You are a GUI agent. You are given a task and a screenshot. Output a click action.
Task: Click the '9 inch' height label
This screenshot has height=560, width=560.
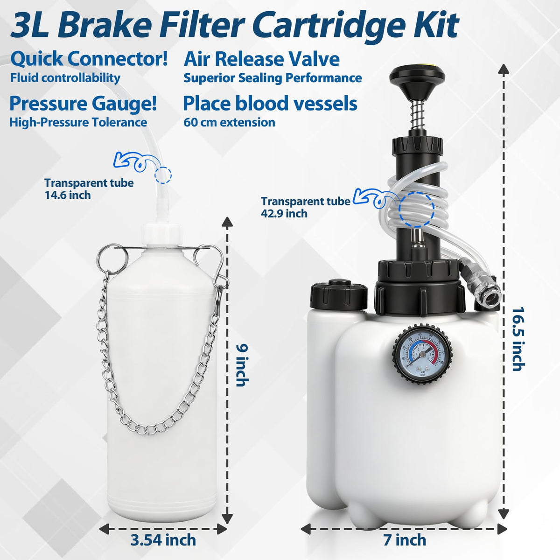[x=241, y=365]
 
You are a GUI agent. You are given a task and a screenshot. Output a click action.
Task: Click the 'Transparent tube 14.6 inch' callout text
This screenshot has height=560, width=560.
[x=89, y=189]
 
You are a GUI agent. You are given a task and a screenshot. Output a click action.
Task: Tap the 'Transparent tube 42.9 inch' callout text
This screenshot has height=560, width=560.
[x=305, y=207]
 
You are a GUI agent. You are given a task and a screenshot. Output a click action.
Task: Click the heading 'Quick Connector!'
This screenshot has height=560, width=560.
[x=89, y=59]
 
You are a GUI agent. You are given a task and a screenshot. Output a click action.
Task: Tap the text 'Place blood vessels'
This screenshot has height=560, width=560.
[x=270, y=104]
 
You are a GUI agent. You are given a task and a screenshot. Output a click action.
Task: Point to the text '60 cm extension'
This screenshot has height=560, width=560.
[x=229, y=122]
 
